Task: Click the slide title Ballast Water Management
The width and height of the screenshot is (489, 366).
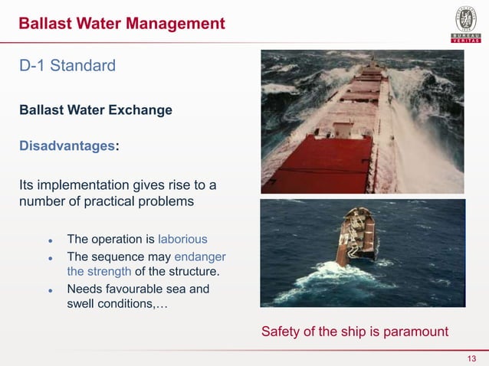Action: coord(122,25)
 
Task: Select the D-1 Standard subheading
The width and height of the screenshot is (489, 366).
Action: coord(67,65)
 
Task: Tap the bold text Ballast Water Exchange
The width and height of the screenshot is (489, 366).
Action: coord(96,110)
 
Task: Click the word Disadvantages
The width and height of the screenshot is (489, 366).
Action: coord(67,147)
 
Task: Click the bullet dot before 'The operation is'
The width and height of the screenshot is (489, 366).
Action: coord(50,240)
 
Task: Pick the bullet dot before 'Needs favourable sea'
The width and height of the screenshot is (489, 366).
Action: coord(50,290)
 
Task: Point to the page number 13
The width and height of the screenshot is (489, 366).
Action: coord(471,358)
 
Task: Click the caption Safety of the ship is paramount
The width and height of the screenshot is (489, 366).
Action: coord(355,332)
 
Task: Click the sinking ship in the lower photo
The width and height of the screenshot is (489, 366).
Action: coord(356,237)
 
